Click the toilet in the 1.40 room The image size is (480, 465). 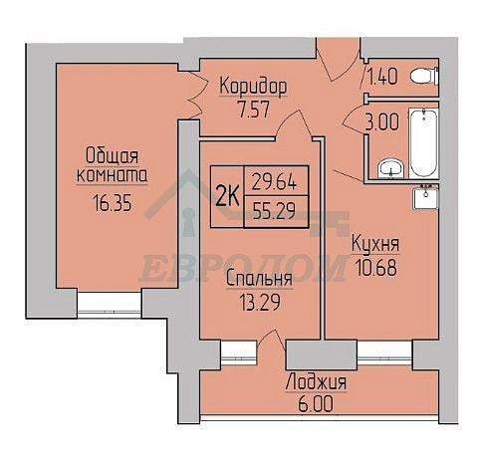[424, 77]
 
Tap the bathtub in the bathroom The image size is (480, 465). [424, 143]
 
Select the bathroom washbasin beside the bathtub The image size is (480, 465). [390, 168]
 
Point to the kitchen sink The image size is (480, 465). [425, 197]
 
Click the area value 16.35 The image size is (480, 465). [113, 203]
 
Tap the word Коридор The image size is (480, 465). [253, 87]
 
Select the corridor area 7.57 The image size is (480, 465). [253, 110]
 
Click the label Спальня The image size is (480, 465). [259, 279]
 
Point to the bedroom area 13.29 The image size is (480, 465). [260, 302]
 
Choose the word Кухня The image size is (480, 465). [375, 244]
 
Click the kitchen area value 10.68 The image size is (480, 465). [375, 268]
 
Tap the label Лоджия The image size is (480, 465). [316, 382]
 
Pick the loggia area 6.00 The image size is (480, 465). [316, 404]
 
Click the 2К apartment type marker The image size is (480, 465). [227, 196]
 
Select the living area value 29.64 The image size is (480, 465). [274, 182]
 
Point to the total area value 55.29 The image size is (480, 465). [274, 211]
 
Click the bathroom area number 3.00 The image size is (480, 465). [381, 121]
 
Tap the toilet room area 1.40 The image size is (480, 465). [383, 77]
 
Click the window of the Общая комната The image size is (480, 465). [110, 304]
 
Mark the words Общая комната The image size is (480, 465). [112, 166]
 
